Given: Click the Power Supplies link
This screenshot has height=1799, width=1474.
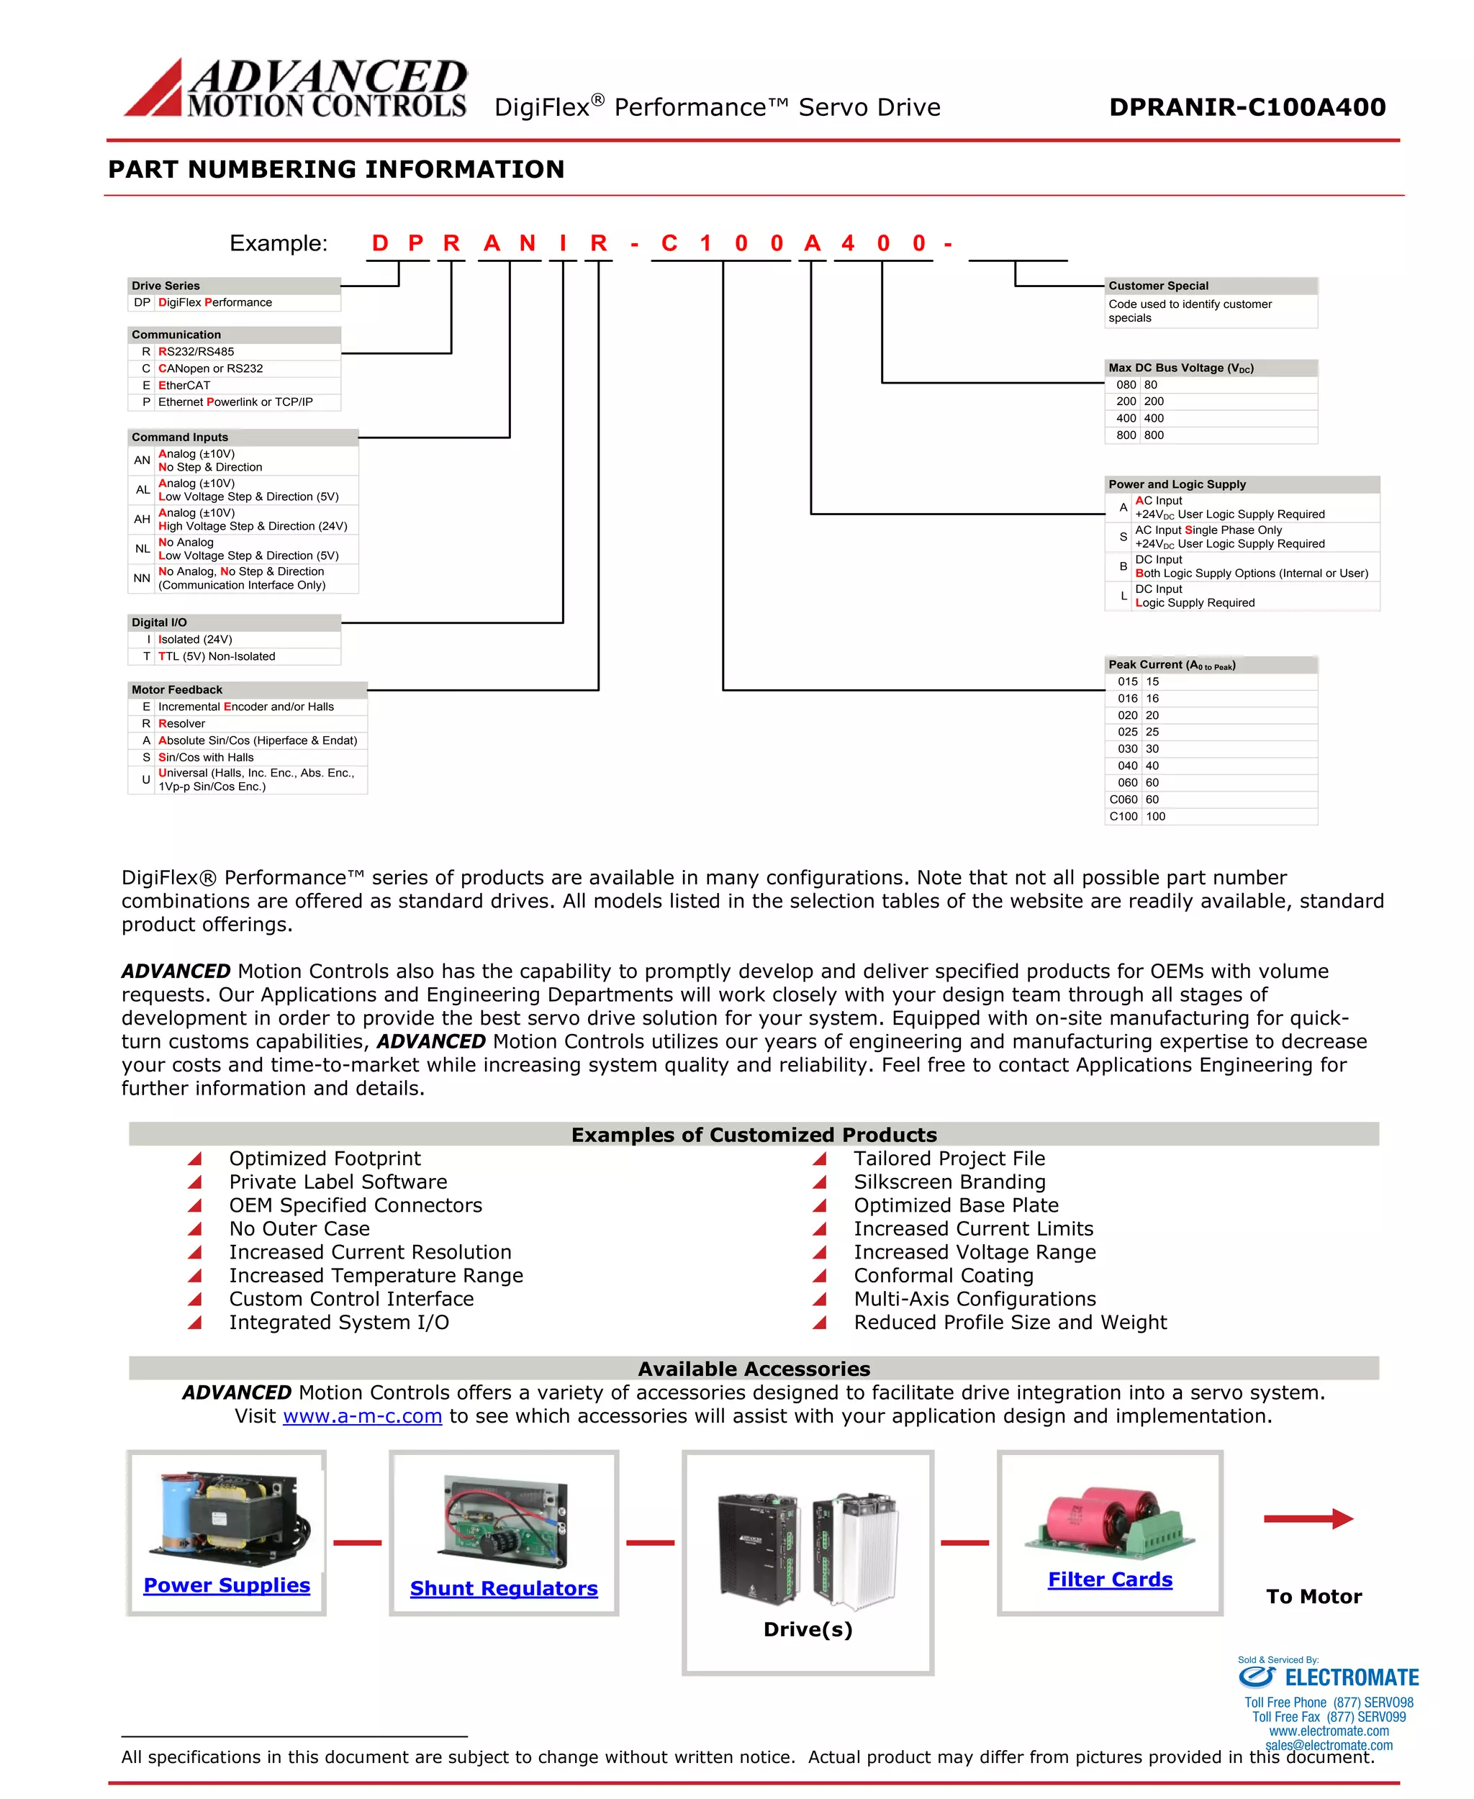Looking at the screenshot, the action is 227,1585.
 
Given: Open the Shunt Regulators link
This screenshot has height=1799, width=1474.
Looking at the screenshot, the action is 504,1588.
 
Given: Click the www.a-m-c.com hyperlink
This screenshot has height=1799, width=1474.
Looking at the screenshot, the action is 363,1416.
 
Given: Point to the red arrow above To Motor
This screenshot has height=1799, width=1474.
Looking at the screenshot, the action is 1308,1519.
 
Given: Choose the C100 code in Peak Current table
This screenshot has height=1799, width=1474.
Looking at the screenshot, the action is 1123,817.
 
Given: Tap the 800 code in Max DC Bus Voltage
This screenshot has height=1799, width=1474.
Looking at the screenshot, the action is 1126,435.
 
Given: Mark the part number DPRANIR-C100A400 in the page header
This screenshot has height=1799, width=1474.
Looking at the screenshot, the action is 1247,107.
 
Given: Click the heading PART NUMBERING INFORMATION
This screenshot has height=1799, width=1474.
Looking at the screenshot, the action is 336,170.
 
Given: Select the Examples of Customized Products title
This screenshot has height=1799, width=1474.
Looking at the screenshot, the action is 754,1135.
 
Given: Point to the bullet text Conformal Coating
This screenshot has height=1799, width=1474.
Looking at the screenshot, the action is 944,1276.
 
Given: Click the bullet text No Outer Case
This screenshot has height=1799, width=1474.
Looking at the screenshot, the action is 299,1228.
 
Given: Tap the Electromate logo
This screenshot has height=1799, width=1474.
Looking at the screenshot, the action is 1328,1677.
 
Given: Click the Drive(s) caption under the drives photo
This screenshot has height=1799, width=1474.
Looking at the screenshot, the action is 808,1629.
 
